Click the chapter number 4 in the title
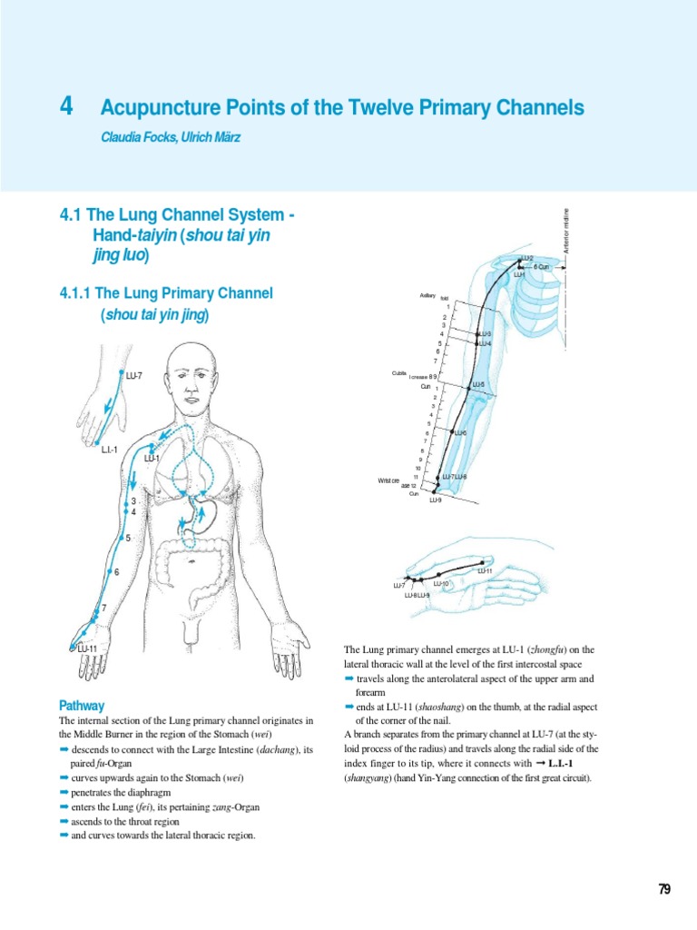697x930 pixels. pos(64,108)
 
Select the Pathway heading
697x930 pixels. pos(81,705)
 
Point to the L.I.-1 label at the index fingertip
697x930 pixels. pos(111,450)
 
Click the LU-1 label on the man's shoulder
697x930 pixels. pos(152,458)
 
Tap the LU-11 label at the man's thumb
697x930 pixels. pos(87,648)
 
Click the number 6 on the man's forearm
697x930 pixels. pos(116,572)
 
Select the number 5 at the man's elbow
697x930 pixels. pos(128,539)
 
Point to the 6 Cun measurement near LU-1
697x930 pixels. pos(542,267)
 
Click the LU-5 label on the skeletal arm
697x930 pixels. pos(478,385)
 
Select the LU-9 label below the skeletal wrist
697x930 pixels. pos(436,500)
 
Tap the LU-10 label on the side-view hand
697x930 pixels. pos(441,584)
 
